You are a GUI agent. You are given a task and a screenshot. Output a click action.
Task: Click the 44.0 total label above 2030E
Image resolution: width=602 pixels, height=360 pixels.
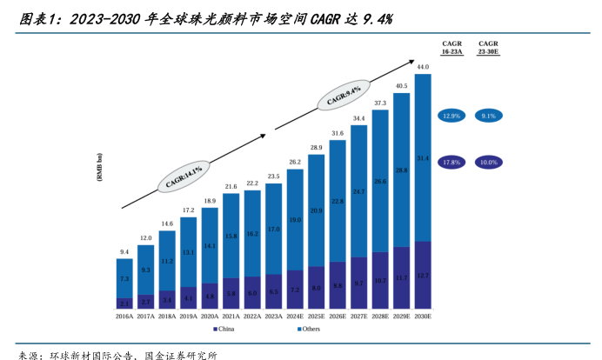[x=423, y=67]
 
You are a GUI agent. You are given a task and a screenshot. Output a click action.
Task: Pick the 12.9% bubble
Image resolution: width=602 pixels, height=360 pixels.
[x=451, y=116]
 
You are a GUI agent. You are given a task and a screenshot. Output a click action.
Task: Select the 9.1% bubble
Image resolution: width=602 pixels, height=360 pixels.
[x=488, y=116]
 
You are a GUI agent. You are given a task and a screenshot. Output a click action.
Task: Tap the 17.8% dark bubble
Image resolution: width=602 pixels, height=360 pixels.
[x=451, y=162]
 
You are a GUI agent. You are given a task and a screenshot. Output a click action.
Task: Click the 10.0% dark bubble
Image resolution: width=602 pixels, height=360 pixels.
[x=488, y=162]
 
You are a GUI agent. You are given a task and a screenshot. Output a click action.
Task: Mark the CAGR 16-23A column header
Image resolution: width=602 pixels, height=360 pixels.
[x=451, y=48]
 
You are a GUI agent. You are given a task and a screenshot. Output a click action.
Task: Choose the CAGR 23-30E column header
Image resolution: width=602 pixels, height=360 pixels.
[x=488, y=48]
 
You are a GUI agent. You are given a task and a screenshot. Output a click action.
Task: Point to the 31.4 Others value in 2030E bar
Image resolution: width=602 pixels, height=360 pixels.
[x=423, y=157]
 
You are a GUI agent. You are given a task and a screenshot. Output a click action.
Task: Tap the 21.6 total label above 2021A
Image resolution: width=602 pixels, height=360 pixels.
[x=231, y=187]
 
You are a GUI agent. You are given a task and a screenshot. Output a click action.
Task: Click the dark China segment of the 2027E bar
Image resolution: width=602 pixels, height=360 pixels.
[x=359, y=283]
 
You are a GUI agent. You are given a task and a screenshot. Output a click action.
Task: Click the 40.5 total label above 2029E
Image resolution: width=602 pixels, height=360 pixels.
[x=402, y=86]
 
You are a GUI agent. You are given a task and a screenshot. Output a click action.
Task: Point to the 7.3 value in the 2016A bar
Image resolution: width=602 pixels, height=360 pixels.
[x=124, y=278]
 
